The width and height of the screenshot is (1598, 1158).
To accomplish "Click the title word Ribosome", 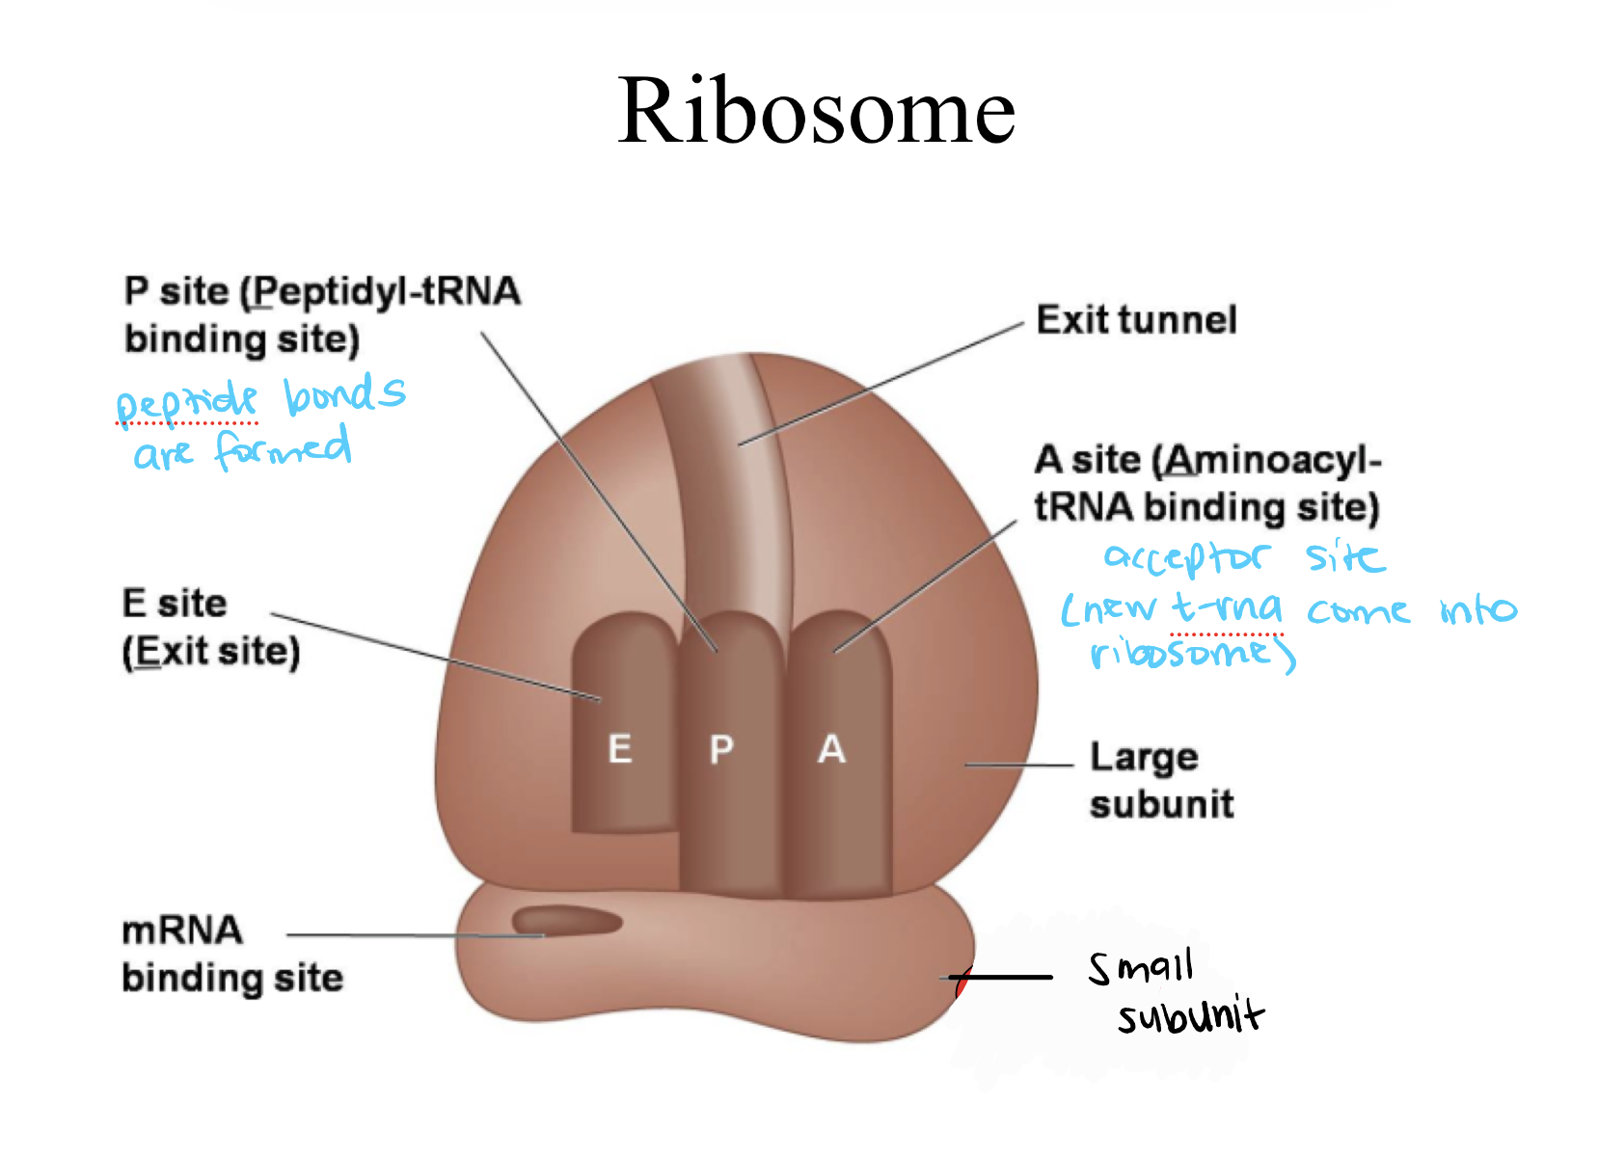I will coord(816,112).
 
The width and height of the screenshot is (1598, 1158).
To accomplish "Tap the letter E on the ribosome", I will coord(620,749).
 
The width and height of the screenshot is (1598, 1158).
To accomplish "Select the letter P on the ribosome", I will coord(721,749).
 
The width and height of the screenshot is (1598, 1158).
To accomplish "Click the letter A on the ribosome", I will coord(831,749).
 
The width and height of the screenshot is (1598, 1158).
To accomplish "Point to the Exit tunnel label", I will coord(1135,320).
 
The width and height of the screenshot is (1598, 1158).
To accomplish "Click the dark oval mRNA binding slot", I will coord(566,921).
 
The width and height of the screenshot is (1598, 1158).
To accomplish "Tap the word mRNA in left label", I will coord(181,931).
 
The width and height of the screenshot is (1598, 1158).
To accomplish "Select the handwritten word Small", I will coord(1141,967).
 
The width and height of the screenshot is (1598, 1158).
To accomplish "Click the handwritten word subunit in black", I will coord(1190,1016).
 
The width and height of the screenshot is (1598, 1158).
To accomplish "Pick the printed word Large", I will coord(1144,758).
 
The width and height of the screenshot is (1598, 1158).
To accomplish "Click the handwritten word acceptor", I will coord(1187,558).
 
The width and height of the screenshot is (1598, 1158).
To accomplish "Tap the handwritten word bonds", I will coord(344,394).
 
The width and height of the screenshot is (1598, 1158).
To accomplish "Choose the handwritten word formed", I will coord(283,449).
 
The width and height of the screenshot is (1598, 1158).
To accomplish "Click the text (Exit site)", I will coord(211,652).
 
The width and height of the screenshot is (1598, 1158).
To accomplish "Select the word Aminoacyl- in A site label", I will coord(1272,460).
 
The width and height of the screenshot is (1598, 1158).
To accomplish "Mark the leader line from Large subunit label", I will coord(1018,765).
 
